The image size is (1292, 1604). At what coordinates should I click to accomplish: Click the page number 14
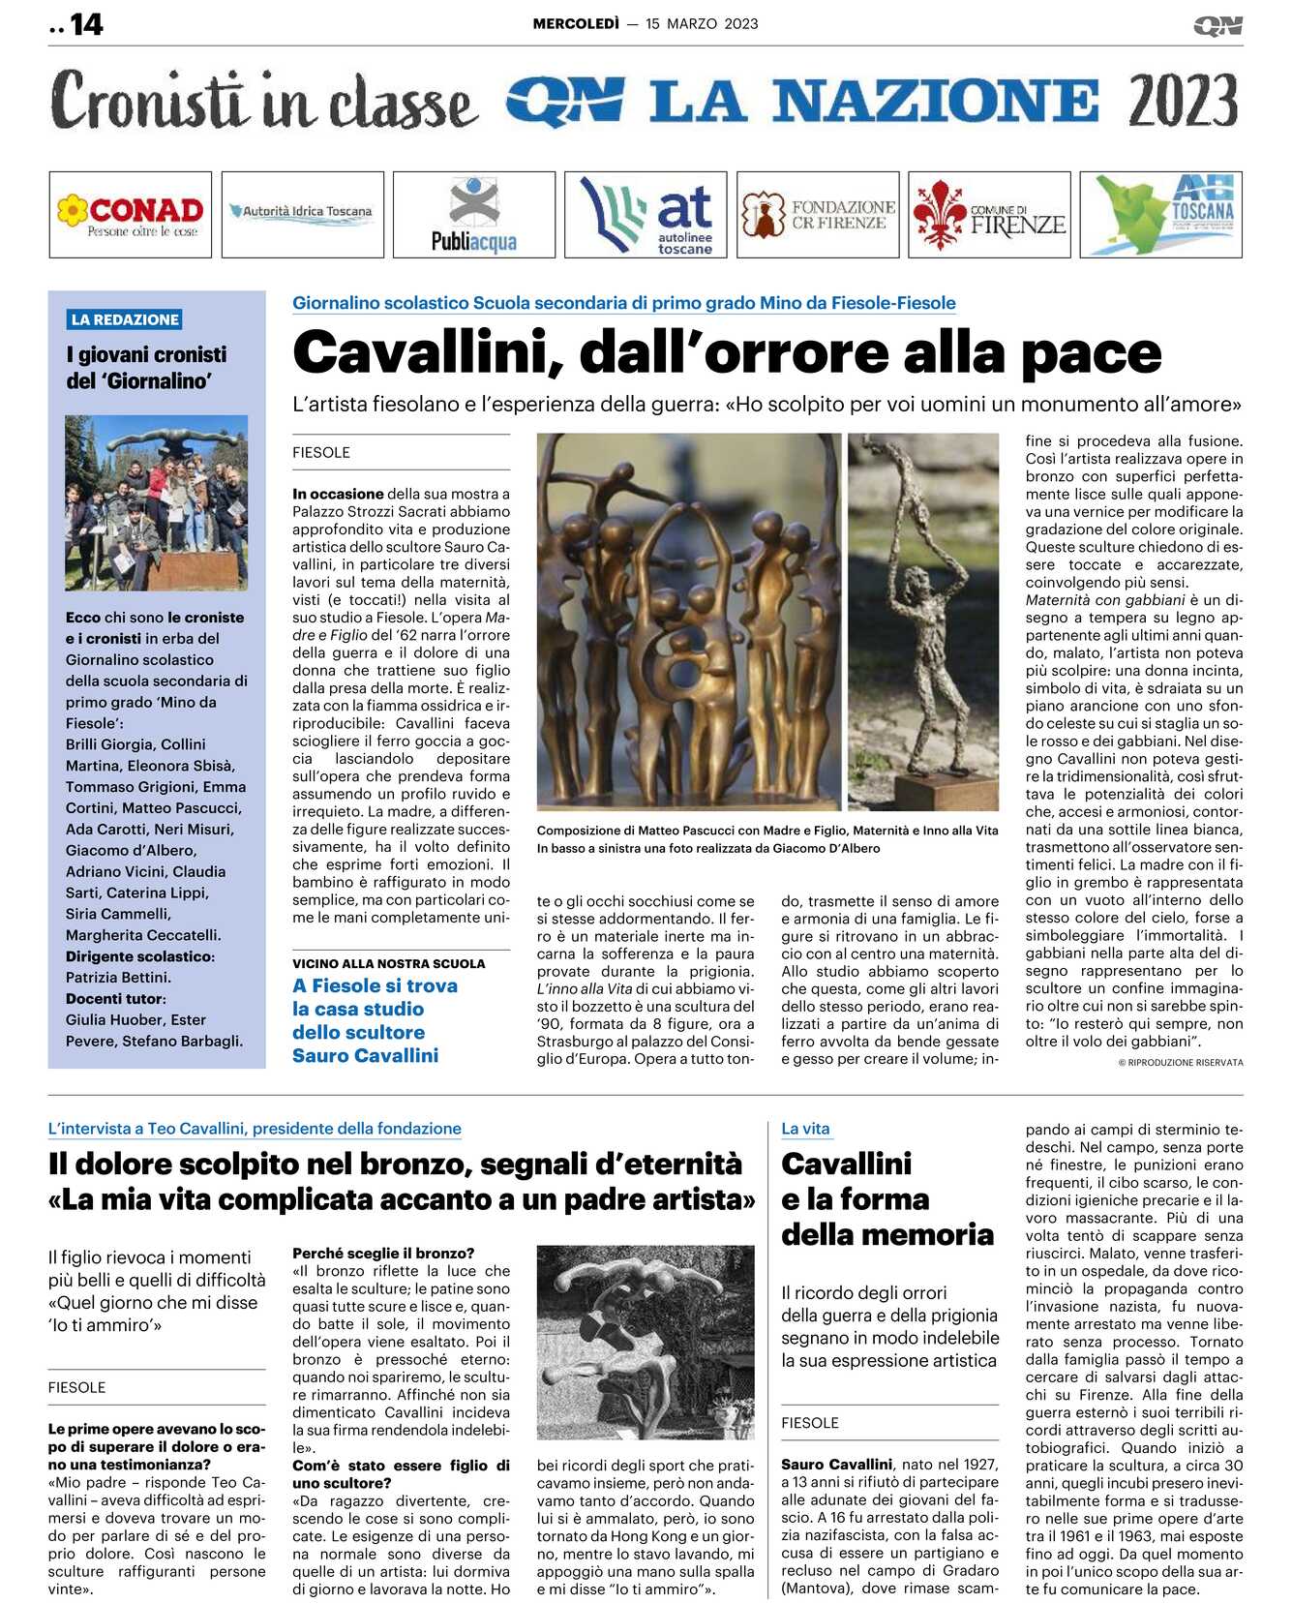pyautogui.click(x=86, y=24)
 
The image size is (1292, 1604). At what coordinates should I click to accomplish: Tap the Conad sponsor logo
pyautogui.click(x=131, y=215)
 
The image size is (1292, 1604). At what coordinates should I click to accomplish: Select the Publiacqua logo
pyautogui.click(x=474, y=215)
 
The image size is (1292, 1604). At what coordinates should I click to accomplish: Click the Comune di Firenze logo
pyautogui.click(x=989, y=215)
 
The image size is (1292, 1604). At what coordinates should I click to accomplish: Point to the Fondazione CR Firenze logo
pyautogui.click(x=818, y=215)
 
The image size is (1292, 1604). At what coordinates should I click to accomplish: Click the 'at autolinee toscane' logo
pyautogui.click(x=646, y=215)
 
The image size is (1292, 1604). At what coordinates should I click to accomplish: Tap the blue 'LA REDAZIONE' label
pyautogui.click(x=125, y=319)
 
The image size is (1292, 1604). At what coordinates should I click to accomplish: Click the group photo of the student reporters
pyautogui.click(x=157, y=502)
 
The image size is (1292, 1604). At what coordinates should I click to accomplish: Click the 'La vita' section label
pyautogui.click(x=805, y=1129)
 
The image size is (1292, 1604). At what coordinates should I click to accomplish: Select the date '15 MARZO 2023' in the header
pyautogui.click(x=702, y=24)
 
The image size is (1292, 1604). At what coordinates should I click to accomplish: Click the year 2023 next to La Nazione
pyautogui.click(x=1183, y=101)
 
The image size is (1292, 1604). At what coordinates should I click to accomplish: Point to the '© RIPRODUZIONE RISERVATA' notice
pyautogui.click(x=1181, y=1062)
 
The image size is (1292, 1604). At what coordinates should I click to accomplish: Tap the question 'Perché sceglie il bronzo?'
pyautogui.click(x=383, y=1253)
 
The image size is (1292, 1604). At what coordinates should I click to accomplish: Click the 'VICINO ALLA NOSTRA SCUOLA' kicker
pyautogui.click(x=389, y=963)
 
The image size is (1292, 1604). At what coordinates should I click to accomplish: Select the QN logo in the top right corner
pyautogui.click(x=1217, y=26)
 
